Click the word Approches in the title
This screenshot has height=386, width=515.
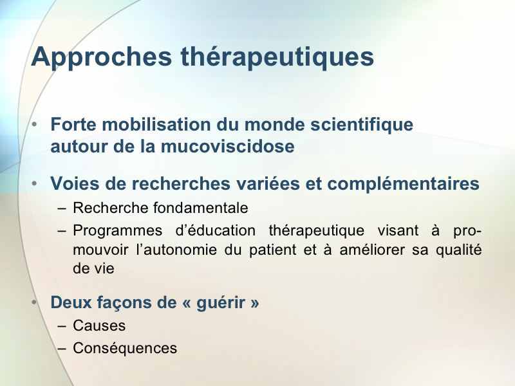point(102,57)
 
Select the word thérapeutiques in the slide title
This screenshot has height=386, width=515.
point(277,57)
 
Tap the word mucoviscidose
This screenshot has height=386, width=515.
point(227,146)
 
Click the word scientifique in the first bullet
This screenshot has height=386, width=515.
point(362,125)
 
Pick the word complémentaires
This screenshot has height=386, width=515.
point(404,184)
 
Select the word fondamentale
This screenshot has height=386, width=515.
point(200,208)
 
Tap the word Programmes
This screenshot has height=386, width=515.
point(118,231)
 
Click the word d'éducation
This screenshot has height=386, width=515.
point(216,230)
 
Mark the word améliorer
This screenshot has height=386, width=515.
point(372,250)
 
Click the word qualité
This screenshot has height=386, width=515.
point(459,250)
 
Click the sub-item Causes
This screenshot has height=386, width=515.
point(99,326)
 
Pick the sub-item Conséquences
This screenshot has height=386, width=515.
point(125,348)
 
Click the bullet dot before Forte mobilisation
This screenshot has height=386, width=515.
point(35,125)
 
